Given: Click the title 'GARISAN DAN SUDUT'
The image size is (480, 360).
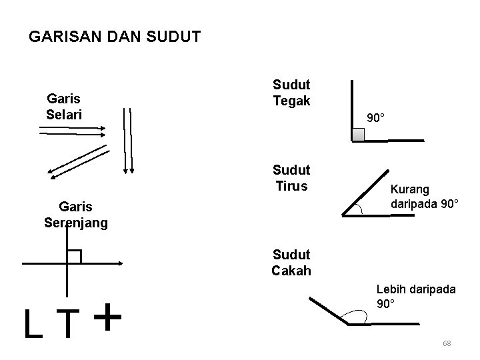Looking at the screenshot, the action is pos(115,37).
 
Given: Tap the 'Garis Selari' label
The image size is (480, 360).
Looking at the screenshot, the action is pos(64,107).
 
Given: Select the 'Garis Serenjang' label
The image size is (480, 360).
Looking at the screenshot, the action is pos(75,215).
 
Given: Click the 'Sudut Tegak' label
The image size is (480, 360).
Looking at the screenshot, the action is pos(291,93).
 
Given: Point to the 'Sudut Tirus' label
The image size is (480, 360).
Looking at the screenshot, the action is pos(291,177).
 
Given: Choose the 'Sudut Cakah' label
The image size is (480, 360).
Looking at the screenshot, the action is pos(291,263).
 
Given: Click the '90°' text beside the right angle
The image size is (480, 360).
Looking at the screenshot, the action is pos(376,118).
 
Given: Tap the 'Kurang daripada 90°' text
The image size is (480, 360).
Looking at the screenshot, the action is pos(424,196).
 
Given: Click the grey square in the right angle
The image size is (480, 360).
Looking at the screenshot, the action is pos(359,134).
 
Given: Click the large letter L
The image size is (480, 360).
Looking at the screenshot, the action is pos(32,323).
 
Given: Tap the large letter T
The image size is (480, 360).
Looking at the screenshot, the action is pos(69,323).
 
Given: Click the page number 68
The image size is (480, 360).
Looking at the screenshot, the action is pos(447,343).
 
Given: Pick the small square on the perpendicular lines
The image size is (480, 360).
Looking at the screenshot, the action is pos(74,257).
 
